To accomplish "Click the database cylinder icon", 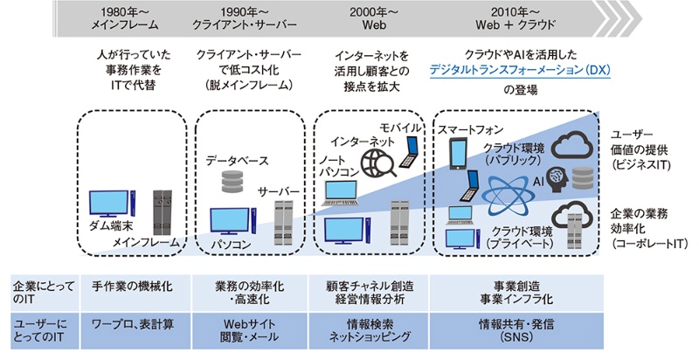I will (232, 181).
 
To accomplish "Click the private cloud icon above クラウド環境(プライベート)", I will (574, 211).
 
